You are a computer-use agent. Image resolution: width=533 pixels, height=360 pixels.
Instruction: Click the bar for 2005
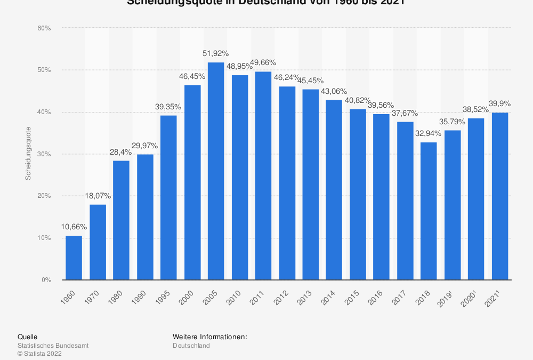coord(216,171)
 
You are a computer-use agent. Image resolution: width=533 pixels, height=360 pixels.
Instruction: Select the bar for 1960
coord(74,258)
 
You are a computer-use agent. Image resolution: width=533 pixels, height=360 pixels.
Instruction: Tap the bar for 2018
coord(429,211)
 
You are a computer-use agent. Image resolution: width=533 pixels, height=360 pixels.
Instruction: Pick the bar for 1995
coord(168,197)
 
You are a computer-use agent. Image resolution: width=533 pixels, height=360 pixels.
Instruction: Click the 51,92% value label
coord(216,53)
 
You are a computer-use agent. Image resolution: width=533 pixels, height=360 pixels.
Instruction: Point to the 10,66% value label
coord(74,227)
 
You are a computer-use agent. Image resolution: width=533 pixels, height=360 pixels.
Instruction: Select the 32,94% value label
coord(429,133)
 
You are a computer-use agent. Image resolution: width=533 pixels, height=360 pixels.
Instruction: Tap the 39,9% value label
coord(499,103)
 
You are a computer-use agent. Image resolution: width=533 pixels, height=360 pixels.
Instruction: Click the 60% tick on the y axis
coord(44,28)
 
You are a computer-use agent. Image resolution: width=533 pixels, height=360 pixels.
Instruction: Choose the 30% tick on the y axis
coord(44,154)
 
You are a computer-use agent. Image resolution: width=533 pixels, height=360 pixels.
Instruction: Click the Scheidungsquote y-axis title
coord(28,153)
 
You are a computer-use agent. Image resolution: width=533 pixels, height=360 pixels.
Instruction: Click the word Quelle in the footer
coord(27,337)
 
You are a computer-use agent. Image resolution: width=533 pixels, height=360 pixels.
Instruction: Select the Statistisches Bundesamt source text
coord(53,346)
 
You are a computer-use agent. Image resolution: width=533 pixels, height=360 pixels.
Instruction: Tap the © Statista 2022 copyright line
coord(39,353)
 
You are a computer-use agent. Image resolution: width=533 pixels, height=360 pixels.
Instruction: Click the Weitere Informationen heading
coord(209,337)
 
